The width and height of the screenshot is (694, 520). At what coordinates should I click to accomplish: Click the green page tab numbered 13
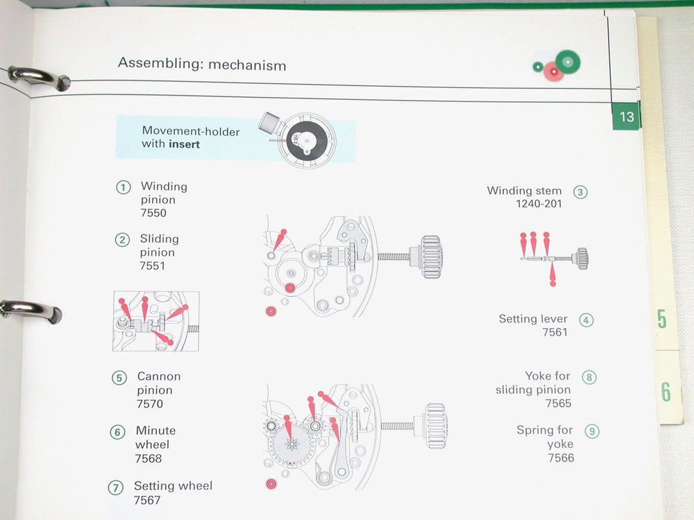tap(626, 116)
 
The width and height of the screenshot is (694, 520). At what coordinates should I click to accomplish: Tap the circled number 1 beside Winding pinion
tap(124, 187)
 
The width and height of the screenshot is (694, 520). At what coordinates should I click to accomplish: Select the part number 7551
tap(152, 266)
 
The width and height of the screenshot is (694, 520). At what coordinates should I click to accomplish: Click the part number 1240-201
tap(539, 204)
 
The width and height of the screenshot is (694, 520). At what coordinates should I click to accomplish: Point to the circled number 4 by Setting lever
tap(586, 320)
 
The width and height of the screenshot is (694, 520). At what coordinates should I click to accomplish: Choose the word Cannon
tap(159, 376)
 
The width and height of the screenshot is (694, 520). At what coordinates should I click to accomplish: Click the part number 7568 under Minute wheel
tap(149, 458)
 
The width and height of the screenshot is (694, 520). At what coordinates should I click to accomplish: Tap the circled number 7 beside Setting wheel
tap(115, 487)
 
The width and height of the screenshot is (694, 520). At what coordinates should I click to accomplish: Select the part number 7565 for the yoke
tap(558, 404)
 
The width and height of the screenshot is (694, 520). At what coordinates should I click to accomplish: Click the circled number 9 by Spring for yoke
tap(592, 431)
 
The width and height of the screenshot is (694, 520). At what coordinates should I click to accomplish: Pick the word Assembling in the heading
tap(158, 63)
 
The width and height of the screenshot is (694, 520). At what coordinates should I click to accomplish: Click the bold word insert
tap(184, 144)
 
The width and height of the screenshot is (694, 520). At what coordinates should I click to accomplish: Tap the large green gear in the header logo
tap(568, 62)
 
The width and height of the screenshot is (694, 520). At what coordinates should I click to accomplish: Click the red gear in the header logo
tap(553, 71)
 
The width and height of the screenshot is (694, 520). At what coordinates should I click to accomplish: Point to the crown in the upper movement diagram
tap(431, 257)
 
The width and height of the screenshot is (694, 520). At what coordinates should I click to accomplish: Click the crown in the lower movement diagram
tap(436, 426)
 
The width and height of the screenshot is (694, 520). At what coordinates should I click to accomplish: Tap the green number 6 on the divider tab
tap(666, 392)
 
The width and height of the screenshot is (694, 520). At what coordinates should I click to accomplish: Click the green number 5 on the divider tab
tap(661, 319)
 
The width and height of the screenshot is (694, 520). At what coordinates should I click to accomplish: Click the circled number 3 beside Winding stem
tap(580, 192)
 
